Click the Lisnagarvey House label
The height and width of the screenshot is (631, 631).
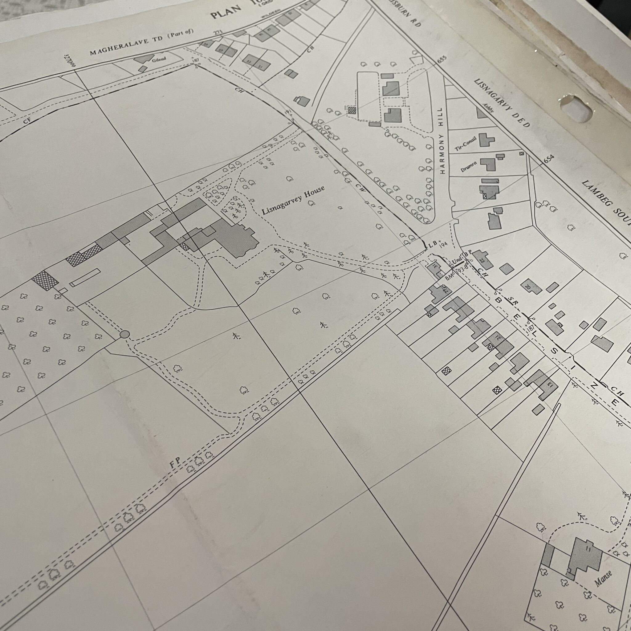(293, 200)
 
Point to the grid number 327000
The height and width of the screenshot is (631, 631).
(70, 61)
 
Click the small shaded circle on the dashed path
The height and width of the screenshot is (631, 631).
(125, 334)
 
